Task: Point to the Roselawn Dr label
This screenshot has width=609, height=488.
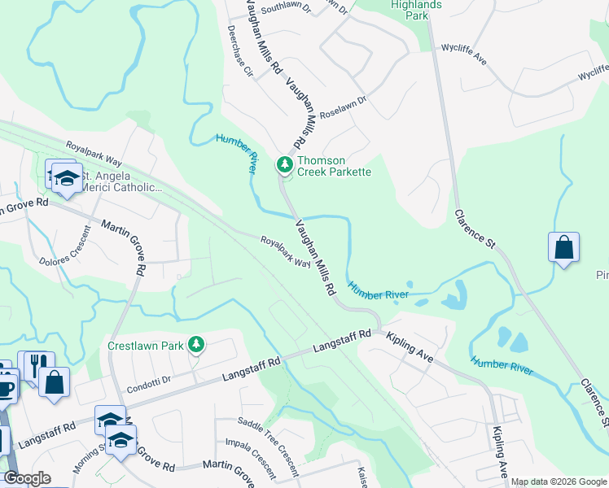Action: (x=344, y=111)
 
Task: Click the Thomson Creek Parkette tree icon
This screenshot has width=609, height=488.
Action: (x=284, y=165)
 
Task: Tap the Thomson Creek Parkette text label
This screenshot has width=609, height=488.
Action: (x=334, y=167)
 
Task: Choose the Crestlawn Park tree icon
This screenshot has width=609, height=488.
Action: (x=195, y=345)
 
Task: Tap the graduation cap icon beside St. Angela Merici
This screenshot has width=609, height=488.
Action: (x=68, y=178)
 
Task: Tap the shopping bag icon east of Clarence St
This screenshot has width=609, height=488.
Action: (x=564, y=247)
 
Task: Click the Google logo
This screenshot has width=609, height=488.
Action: (x=28, y=479)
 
